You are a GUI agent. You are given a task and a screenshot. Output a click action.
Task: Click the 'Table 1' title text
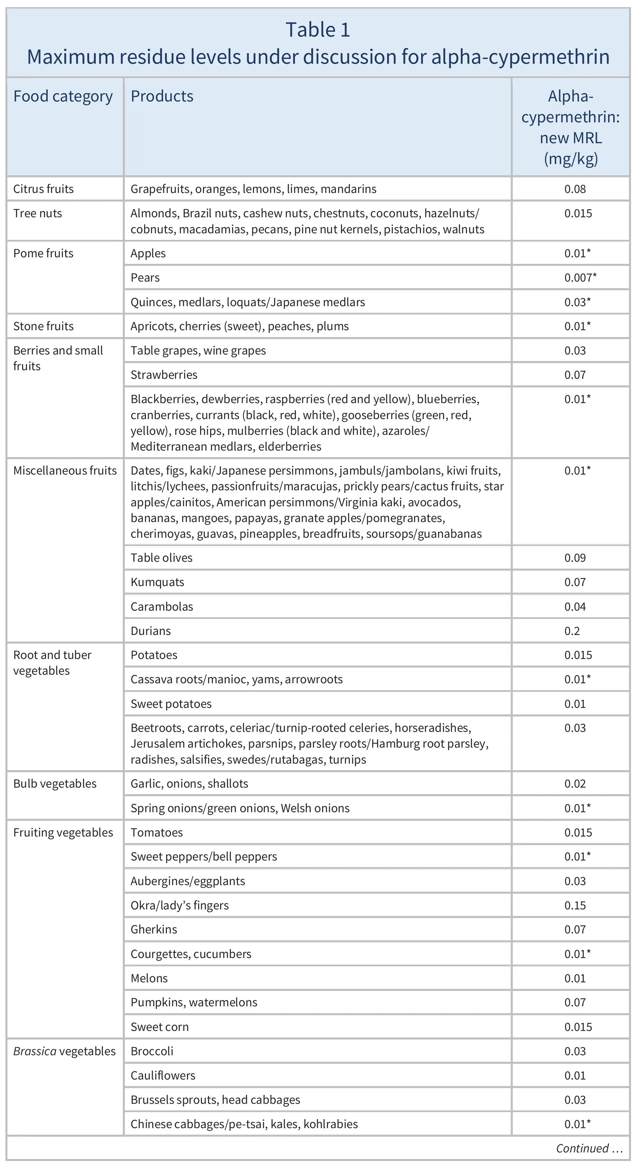318,30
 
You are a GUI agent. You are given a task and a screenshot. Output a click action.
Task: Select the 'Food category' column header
63,97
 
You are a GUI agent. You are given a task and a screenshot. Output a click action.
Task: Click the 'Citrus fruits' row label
43,189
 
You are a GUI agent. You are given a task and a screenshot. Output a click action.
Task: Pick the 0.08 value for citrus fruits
575,189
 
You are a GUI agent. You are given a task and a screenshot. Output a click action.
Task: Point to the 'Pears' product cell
145,278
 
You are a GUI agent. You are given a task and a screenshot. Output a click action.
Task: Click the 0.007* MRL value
580,278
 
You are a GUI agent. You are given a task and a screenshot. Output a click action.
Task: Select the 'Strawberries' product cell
164,375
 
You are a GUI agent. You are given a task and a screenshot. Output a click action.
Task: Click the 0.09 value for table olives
575,558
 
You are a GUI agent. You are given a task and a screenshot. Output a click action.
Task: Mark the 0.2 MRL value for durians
572,631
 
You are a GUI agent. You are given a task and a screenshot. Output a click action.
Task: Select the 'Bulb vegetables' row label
55,784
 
